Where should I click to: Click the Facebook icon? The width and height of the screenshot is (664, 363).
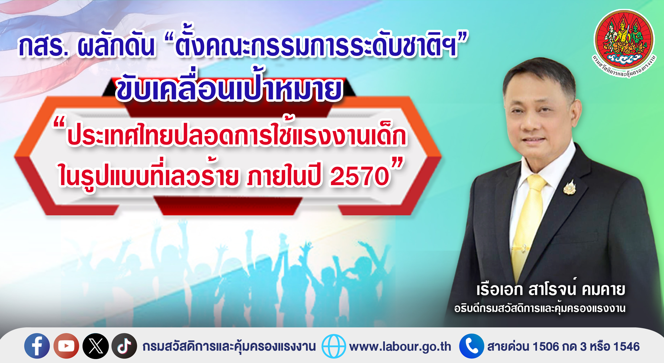[x=37, y=346]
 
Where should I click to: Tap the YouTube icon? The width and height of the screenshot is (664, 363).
[x=66, y=346]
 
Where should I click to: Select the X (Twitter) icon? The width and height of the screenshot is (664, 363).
[x=96, y=346]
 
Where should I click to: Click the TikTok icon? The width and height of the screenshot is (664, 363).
[x=124, y=346]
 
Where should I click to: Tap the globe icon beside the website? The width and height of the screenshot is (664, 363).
[x=334, y=346]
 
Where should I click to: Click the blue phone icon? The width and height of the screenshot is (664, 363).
[x=471, y=346]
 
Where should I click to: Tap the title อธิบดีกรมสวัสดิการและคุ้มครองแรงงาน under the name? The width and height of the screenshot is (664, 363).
[x=540, y=308]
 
